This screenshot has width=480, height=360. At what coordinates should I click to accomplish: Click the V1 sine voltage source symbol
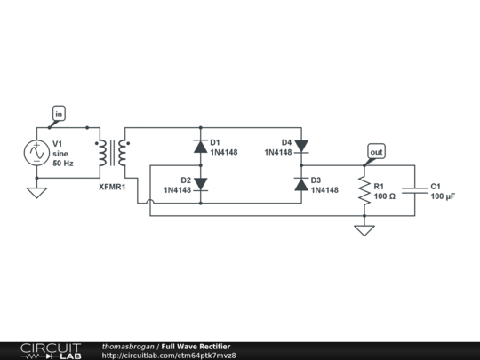[36, 153]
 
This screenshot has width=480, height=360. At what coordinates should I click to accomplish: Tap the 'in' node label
[59, 115]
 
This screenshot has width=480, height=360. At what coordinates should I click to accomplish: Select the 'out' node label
[376, 152]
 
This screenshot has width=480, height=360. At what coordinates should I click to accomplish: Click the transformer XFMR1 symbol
[111, 153]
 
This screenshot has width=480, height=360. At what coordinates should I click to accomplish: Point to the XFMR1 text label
[112, 188]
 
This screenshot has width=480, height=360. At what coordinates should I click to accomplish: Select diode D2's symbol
[200, 184]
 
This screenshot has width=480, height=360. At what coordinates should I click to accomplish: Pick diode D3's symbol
[300, 184]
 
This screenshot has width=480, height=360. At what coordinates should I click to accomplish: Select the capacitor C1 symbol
[414, 190]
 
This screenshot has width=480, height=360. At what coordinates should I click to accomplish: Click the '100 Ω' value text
[386, 196]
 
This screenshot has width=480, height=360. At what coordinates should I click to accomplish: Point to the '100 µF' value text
[444, 196]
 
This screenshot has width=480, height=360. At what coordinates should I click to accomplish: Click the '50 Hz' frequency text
[63, 164]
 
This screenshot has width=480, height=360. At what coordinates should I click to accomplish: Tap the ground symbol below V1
[36, 191]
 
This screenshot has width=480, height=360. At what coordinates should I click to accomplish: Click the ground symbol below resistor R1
[364, 231]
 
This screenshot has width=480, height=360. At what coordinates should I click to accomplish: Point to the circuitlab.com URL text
[169, 356]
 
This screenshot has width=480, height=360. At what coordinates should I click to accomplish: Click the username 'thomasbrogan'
[129, 346]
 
